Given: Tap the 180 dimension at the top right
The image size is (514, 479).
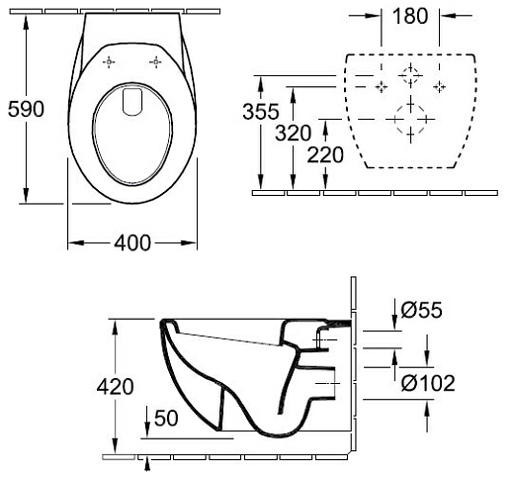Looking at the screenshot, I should tap(410, 18).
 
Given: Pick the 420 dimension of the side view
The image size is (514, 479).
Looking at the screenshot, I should tap(116, 387).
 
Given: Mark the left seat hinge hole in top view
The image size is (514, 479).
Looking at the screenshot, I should tap(109, 63).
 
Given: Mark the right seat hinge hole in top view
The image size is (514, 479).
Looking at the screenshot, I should tap(156, 63).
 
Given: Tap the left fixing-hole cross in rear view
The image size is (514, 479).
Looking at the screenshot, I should tap(377, 85).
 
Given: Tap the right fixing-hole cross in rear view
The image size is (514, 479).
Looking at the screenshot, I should tap(441, 85).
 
